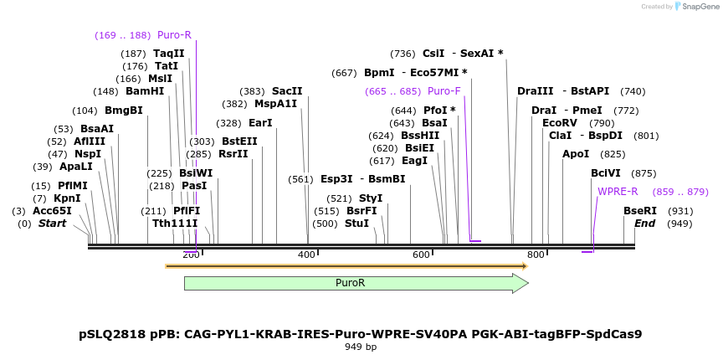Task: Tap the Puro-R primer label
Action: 174,35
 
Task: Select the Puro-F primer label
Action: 444,91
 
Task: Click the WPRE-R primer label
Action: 618,192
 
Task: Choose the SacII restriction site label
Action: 287,91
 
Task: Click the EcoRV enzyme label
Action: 560,123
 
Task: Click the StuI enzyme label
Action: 356,224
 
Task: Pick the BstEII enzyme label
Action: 239,141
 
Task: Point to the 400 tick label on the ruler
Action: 307,255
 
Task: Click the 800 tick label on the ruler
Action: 536,255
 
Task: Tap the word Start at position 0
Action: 52,224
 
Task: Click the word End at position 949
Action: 644,224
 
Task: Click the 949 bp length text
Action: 361,347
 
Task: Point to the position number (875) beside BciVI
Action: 644,173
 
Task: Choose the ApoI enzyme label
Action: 576,154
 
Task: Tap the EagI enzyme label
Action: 414,161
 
